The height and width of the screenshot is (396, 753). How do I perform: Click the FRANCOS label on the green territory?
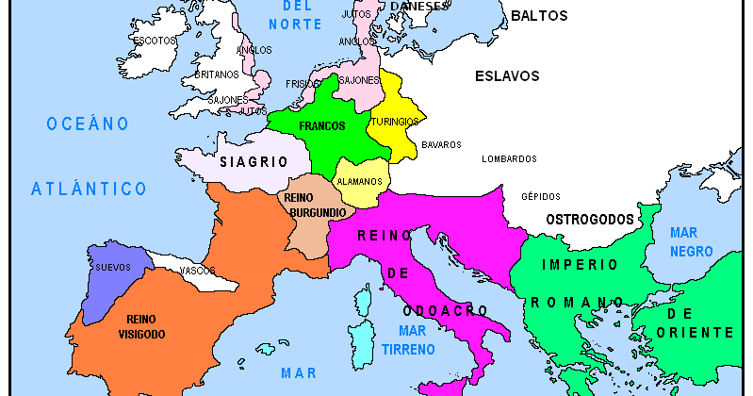(x=321, y=125)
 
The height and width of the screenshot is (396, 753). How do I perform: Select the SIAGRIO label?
(x=254, y=161)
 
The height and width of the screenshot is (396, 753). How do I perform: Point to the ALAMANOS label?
(x=360, y=181)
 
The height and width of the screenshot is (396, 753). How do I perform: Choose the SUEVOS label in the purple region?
(x=113, y=267)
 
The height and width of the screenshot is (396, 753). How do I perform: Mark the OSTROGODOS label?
(x=591, y=219)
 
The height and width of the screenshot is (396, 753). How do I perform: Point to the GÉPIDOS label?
(x=540, y=196)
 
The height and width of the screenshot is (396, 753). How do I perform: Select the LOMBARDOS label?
(x=509, y=158)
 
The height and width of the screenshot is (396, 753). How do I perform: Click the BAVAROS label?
(x=441, y=144)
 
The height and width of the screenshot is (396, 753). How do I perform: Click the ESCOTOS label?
(x=155, y=41)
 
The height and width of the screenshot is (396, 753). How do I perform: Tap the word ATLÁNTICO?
(x=89, y=189)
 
